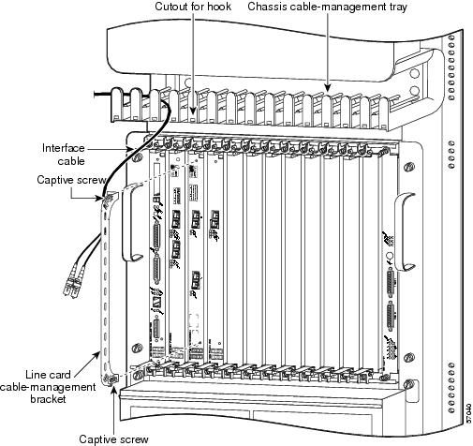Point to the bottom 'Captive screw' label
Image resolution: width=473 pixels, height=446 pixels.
point(112,438)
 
